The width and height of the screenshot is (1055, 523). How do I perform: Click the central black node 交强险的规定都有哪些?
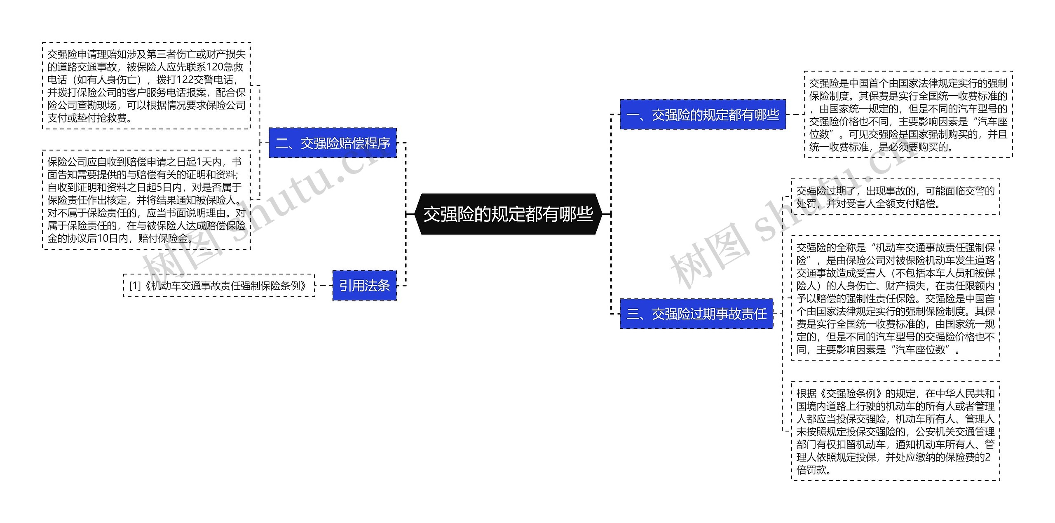coord(508,214)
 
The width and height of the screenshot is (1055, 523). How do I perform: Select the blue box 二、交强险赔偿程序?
coord(333,143)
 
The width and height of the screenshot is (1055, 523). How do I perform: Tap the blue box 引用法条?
coord(364,285)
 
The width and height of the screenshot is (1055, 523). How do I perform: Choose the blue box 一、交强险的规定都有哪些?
coord(703,115)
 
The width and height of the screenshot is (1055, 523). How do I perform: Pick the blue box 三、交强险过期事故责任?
coord(696,314)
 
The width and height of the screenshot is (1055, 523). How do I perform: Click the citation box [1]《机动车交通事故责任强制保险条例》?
coord(219,285)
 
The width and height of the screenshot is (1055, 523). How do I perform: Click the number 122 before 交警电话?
coord(182,80)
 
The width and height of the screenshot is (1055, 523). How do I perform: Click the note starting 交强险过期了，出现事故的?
coord(895,197)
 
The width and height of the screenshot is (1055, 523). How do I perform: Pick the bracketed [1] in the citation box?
coord(135,285)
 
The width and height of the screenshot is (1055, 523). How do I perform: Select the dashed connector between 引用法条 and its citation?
coord(324,285)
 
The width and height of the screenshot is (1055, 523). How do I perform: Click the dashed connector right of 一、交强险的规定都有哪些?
coord(795,115)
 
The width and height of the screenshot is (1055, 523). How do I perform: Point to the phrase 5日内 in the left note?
coord(169,188)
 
